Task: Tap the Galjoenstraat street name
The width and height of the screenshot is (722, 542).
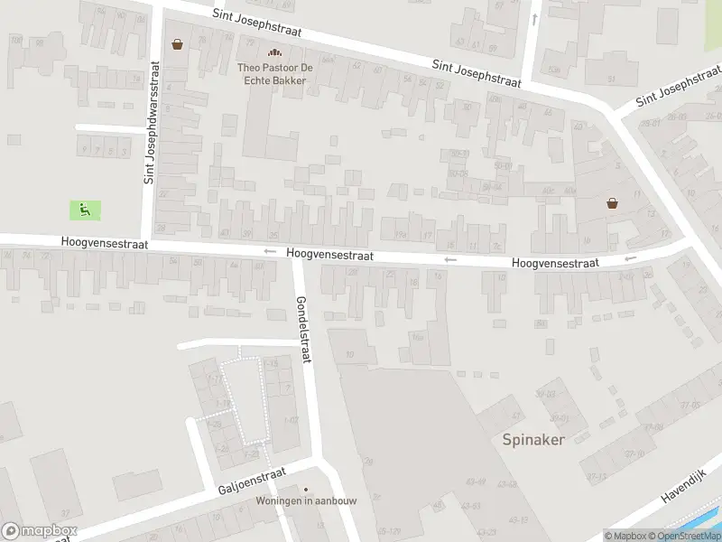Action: tap(252, 481)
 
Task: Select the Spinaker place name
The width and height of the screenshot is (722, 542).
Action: tap(533, 440)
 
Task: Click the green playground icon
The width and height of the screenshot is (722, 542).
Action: tap(85, 210)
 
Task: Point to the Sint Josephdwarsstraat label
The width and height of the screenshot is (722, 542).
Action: tap(152, 123)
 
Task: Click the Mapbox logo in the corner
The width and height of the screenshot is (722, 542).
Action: tap(40, 531)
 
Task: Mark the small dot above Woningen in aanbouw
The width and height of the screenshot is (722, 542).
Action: tap(305, 489)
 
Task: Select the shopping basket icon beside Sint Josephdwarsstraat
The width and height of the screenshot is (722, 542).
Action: tap(177, 44)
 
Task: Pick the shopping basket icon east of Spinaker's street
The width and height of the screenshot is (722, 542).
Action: tap(613, 203)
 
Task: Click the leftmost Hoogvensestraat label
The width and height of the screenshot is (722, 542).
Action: tap(105, 244)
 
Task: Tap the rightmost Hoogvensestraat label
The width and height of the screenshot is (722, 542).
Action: tap(555, 263)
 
